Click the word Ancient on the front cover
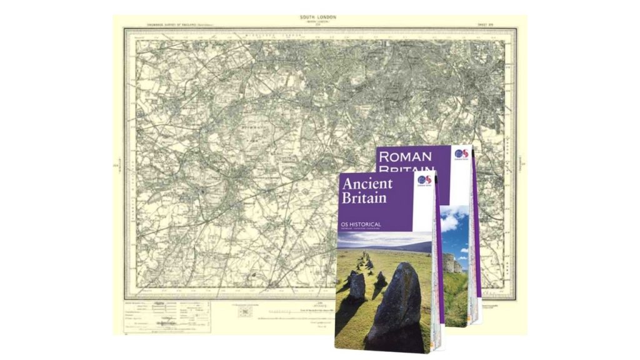(x=367, y=184)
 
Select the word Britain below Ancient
(x=364, y=198)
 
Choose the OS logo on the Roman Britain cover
(x=461, y=154)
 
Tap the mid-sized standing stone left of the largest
(x=357, y=286)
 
